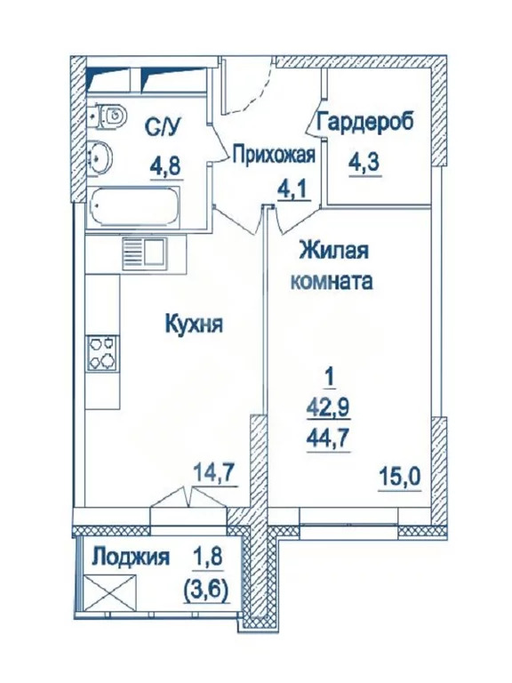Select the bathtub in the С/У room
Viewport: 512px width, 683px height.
134,205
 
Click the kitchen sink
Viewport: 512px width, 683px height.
143,253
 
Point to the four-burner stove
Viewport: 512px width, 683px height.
103,352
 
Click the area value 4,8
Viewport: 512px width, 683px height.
165,166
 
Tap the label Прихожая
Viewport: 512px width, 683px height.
273,155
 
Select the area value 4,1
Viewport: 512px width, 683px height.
295,189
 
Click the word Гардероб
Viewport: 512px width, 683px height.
364,121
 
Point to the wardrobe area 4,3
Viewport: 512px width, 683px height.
364,164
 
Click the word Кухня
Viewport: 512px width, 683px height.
193,324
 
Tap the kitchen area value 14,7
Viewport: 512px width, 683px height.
215,474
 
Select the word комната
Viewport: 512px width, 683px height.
332,281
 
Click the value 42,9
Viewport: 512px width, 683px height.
329,409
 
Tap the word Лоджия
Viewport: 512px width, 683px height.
132,558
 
